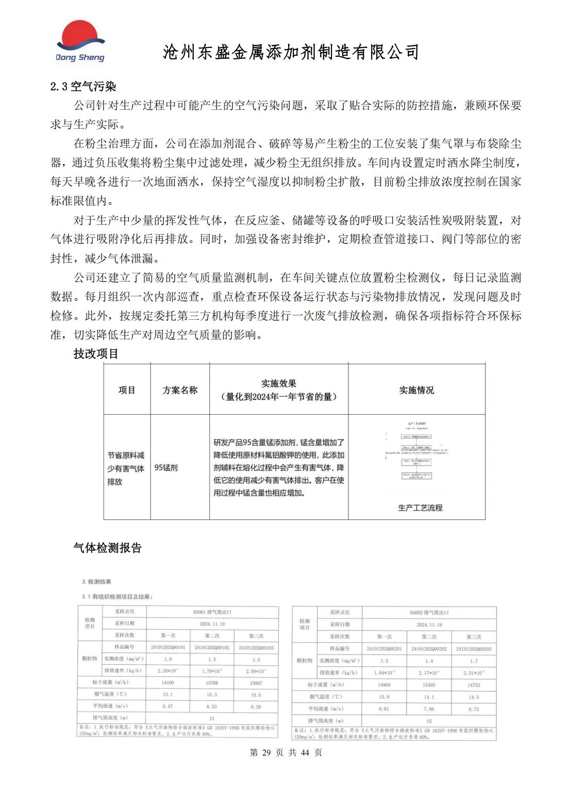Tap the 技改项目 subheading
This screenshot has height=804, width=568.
pos(96,354)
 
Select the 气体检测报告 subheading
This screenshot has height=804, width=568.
pos(107,548)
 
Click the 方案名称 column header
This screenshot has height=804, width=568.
pos(180,390)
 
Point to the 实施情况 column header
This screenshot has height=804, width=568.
pos(416,390)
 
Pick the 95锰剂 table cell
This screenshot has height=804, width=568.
pos(166,468)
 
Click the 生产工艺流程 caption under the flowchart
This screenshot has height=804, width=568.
pos(420,508)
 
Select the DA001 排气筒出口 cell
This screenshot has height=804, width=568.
pos(212,612)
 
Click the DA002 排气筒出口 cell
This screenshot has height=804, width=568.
pos(429,613)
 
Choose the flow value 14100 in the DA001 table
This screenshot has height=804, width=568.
pos(168,682)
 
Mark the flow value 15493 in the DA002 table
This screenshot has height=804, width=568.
pos(429,685)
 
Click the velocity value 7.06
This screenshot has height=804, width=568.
pos(429,709)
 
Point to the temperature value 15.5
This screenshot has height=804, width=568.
pos(256,695)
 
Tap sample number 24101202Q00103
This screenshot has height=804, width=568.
pos(256,648)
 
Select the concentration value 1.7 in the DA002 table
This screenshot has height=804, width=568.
pos(474,661)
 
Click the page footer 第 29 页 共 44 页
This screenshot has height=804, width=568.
pos(286,752)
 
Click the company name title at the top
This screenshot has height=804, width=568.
pos(291,52)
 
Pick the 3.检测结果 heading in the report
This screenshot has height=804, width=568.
pos(96,582)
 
